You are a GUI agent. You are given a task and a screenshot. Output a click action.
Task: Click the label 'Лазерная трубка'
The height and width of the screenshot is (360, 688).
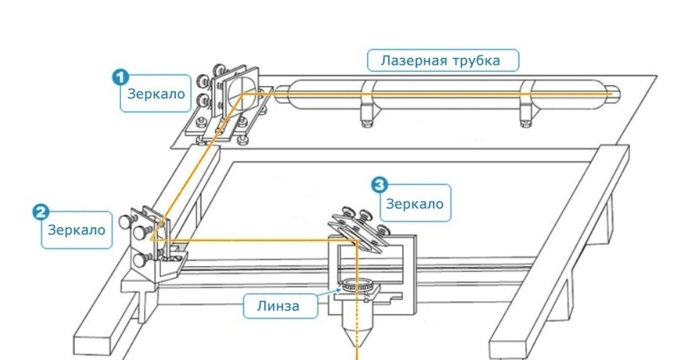click(443, 60)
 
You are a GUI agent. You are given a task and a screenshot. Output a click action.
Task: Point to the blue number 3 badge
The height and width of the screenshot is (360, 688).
click(379, 183)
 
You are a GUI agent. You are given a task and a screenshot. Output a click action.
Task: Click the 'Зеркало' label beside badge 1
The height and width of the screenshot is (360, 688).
click(155, 94)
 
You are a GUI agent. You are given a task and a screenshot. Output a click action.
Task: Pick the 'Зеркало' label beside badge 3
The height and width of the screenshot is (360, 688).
click(415, 204)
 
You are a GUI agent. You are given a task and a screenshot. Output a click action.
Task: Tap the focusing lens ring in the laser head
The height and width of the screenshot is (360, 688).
click(355, 286)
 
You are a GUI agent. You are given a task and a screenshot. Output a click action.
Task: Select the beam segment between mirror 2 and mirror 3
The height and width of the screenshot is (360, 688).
click(255, 239)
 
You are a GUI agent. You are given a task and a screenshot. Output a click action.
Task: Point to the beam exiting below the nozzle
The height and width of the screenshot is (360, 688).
click(357, 353)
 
